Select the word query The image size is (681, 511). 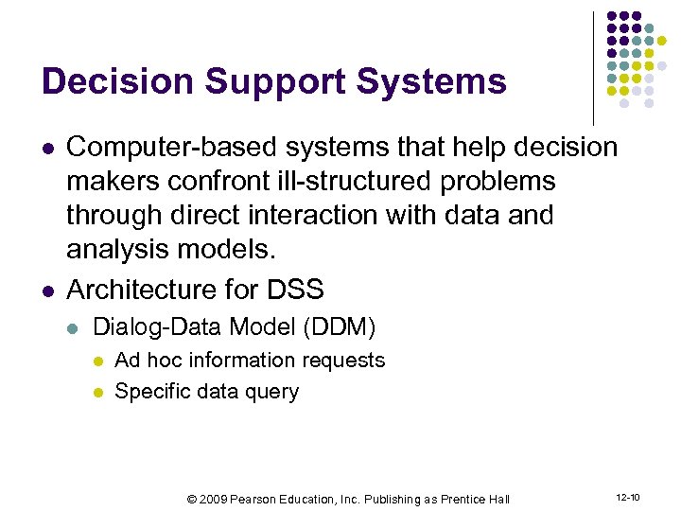[272, 392]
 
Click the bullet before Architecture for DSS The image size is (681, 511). [46, 289]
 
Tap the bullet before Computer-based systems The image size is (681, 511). [46, 149]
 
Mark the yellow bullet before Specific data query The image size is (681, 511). [99, 393]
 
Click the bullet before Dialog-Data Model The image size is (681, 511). [73, 328]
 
